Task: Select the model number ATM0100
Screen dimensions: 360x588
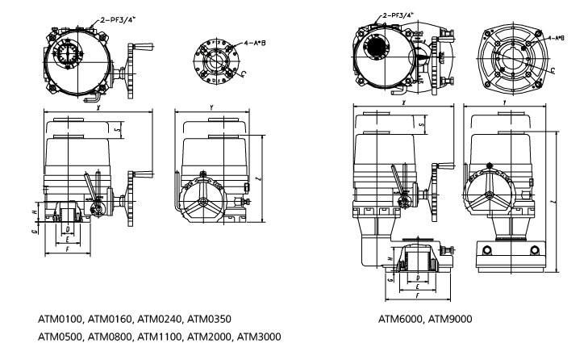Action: [62, 319]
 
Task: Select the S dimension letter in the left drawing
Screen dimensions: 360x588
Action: [117, 129]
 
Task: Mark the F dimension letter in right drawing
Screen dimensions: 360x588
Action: [415, 297]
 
